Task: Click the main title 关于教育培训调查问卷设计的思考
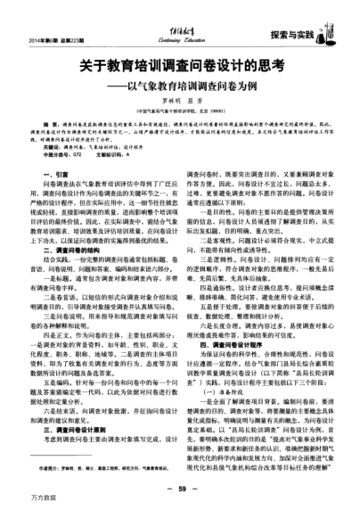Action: pos(179,65)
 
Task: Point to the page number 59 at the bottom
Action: pos(180,488)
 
